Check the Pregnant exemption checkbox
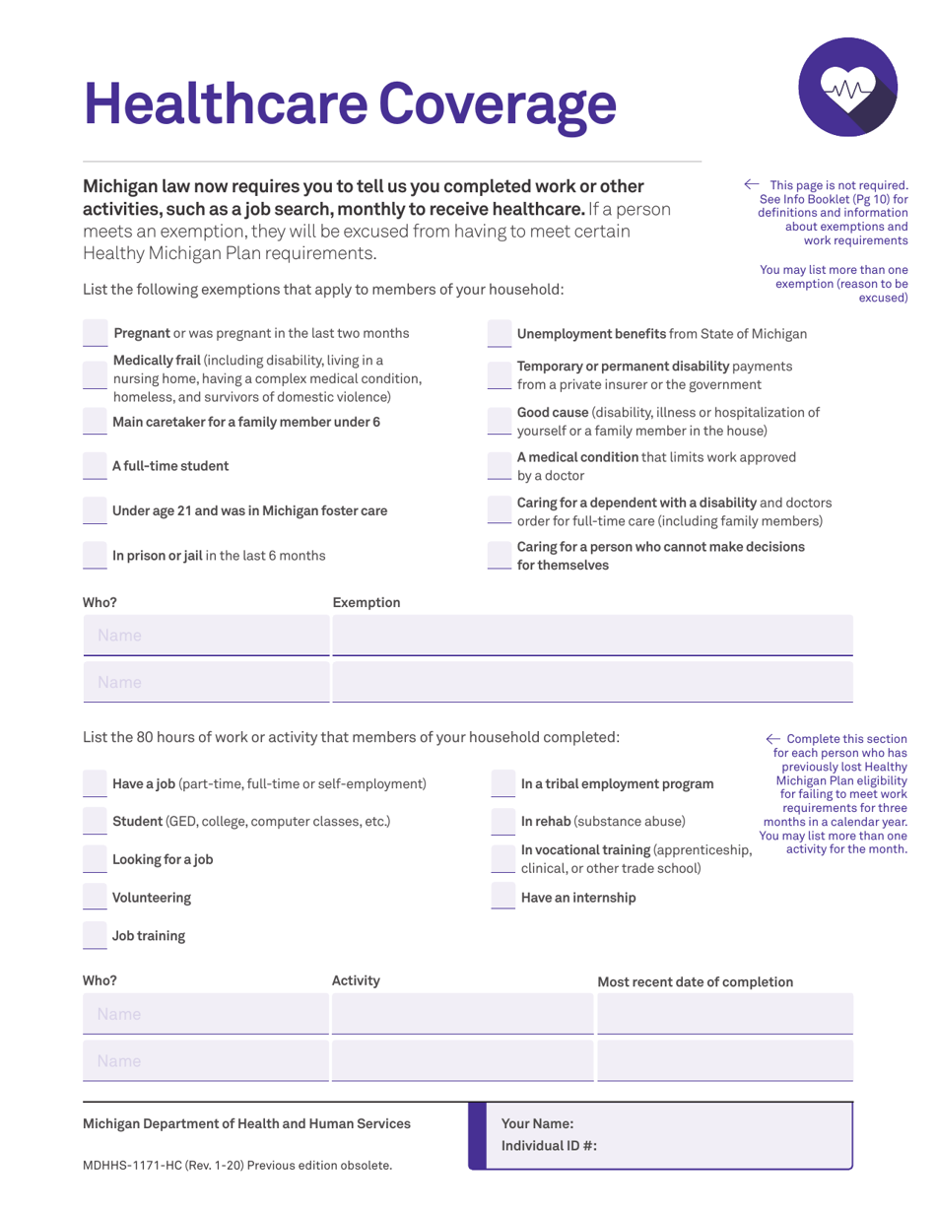tap(95, 334)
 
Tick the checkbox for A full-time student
tap(95, 466)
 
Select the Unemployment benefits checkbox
tap(500, 334)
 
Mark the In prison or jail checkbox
tap(95, 556)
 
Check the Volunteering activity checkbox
tap(95, 898)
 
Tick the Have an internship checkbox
tap(503, 898)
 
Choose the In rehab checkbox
tap(503, 821)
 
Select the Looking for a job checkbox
tap(95, 859)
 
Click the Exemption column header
tap(367, 602)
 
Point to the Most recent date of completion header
tap(695, 981)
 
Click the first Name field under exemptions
tap(206, 636)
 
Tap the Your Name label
tap(537, 1123)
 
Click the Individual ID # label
tap(549, 1146)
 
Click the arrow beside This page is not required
tap(752, 184)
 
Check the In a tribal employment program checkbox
tap(503, 783)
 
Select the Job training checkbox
tap(95, 936)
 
